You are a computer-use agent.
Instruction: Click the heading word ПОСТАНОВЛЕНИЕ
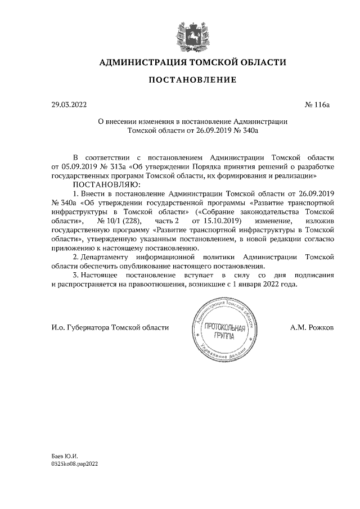click(192, 80)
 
